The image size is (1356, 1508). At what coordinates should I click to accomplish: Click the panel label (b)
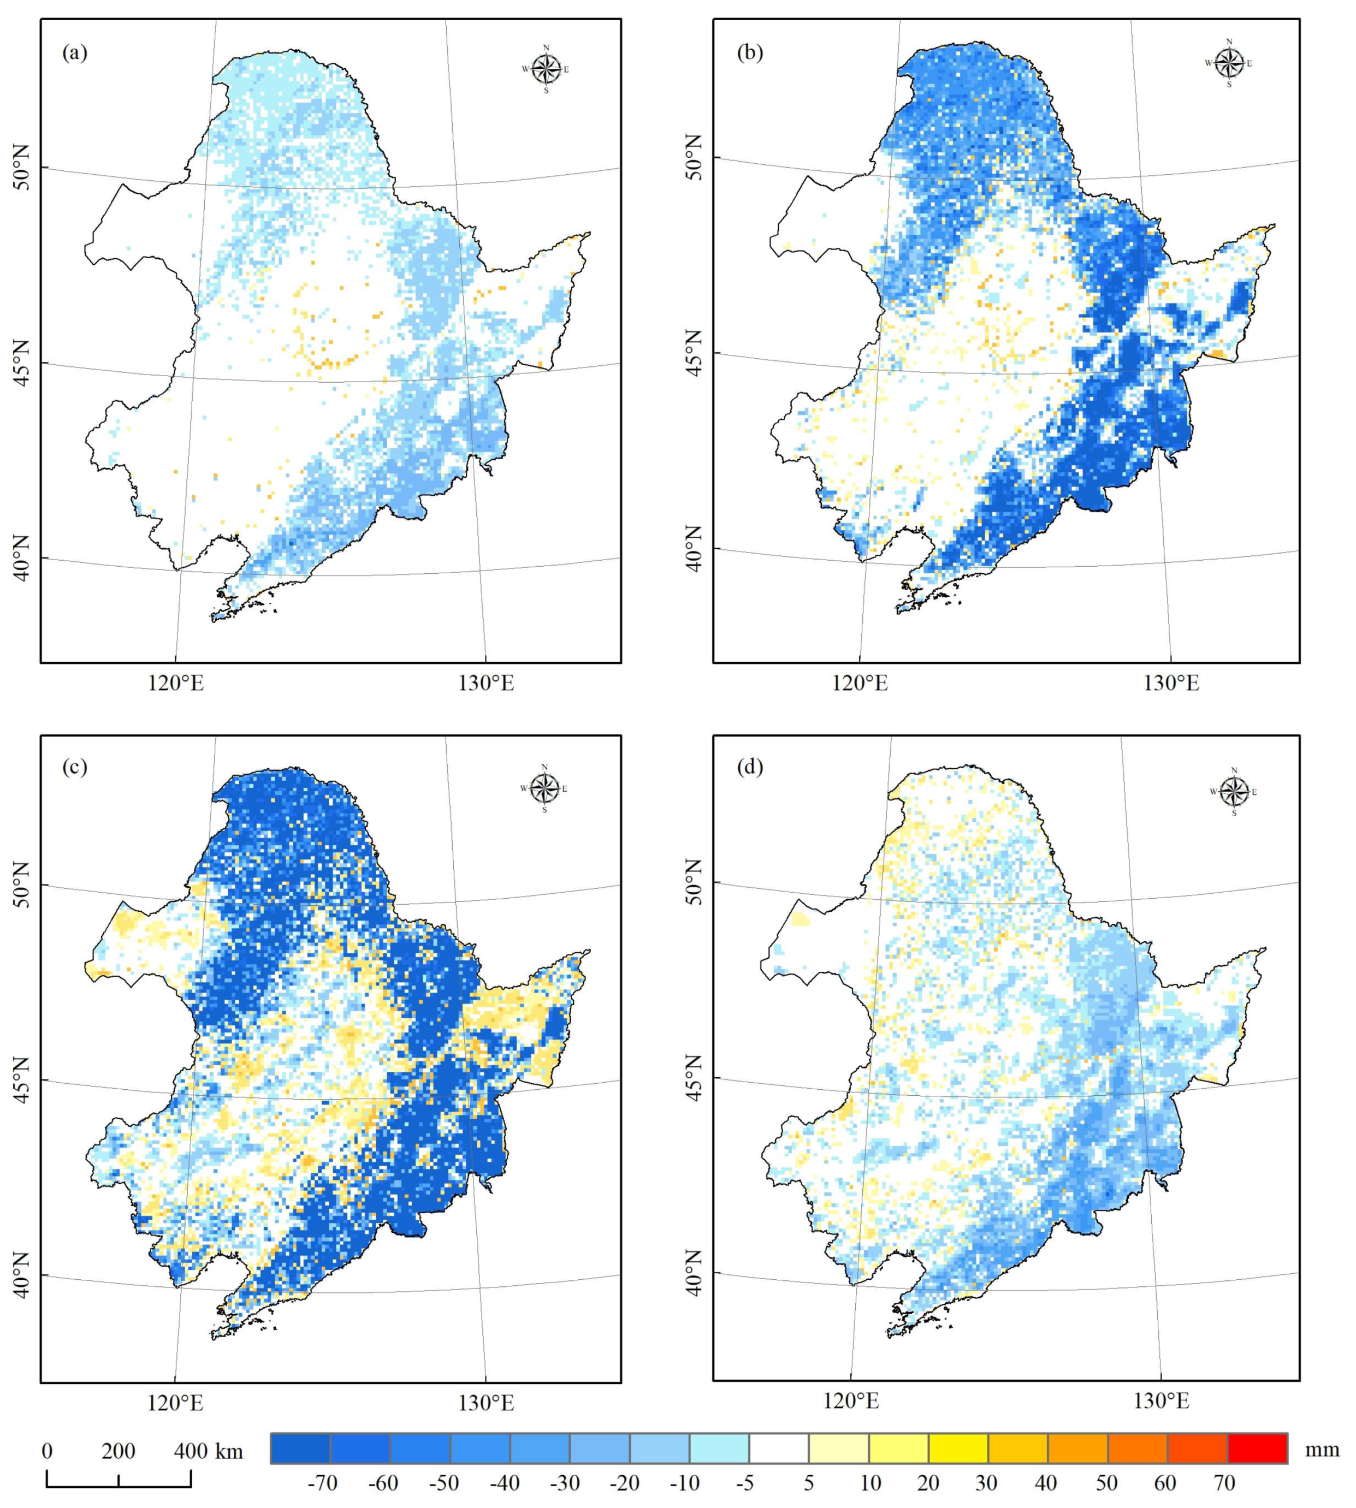pos(749,53)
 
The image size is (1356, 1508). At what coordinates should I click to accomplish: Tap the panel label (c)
pos(74,767)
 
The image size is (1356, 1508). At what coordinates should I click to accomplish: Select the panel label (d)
pos(749,767)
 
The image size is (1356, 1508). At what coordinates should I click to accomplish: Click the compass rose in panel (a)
pos(546,69)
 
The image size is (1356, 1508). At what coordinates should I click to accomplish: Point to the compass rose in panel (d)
pos(1235,792)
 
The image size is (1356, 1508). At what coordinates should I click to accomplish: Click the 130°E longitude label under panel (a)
pos(487,683)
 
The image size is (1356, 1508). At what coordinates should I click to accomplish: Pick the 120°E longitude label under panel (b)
pos(861,683)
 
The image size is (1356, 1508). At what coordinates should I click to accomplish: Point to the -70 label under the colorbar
pos(322,1483)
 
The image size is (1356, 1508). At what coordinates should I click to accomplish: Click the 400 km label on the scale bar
pos(209,1451)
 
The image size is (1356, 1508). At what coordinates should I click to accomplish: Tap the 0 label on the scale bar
pos(48,1451)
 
